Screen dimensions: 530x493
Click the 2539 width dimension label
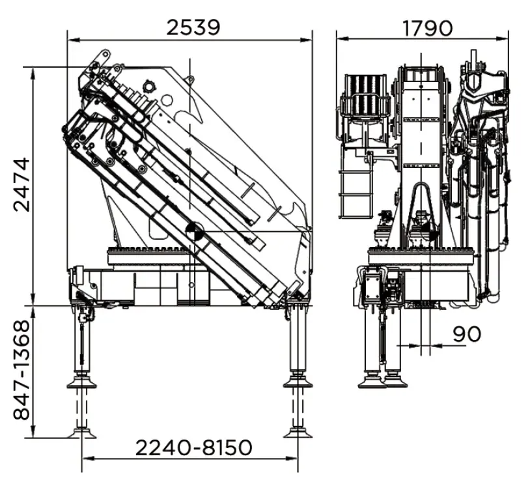pos(193,27)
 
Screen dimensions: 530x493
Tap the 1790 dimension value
pos(427,28)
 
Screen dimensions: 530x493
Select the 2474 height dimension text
pos(22,184)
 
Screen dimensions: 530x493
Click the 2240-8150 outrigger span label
pos(193,447)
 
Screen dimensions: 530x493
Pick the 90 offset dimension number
pos(466,333)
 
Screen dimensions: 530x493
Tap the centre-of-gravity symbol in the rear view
pos(430,232)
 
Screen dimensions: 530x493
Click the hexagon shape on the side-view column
pos(167,100)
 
